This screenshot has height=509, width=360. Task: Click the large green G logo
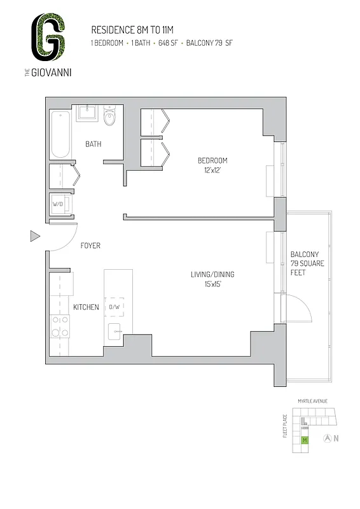[50, 39]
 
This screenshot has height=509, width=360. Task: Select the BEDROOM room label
[212, 161]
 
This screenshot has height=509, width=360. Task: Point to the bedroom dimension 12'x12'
[212, 170]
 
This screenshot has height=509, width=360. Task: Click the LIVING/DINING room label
[212, 275]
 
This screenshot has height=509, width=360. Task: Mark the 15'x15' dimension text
[212, 284]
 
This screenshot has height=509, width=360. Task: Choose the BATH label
[93, 144]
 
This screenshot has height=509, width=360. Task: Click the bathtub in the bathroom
[60, 134]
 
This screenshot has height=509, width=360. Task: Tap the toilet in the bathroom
[111, 116]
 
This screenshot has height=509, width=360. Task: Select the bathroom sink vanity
[87, 115]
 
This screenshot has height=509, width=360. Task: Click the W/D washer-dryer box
[58, 204]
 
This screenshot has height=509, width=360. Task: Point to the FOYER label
[90, 246]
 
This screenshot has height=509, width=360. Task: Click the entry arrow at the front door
[35, 237]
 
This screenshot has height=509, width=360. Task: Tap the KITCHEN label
[86, 307]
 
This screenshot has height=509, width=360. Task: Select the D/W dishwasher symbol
[114, 307]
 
